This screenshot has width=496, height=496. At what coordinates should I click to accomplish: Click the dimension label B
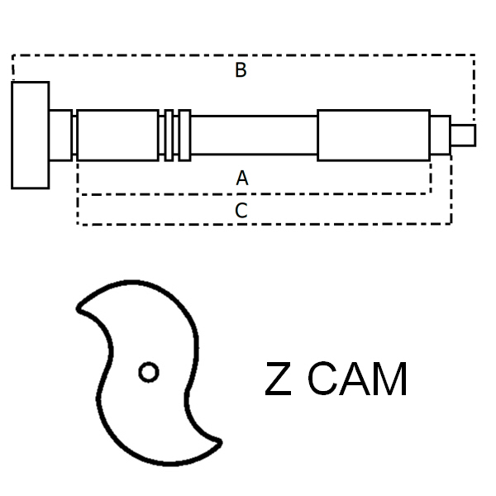coord(241,70)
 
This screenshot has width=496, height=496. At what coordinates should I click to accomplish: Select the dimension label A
coord(242,178)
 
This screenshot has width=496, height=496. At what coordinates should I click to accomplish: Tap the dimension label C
coord(241,210)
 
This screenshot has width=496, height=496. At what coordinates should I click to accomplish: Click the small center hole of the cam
coord(149,372)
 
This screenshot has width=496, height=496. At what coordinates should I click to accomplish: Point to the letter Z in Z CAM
coord(278,379)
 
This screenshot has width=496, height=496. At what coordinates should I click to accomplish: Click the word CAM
coord(357,379)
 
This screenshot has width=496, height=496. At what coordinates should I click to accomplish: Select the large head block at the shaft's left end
coord(31,135)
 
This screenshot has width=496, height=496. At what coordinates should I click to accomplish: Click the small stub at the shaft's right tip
coord(463,136)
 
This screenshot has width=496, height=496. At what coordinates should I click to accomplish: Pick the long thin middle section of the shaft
coord(254,136)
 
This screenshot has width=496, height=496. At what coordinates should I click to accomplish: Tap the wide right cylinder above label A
coord(374,136)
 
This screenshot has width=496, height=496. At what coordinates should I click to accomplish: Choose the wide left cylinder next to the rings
coord(117,136)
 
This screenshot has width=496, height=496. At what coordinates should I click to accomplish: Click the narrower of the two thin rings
coord(169,136)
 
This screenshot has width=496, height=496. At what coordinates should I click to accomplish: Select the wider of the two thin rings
coord(184,136)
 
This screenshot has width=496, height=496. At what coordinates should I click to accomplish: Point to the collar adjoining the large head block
coord(60,136)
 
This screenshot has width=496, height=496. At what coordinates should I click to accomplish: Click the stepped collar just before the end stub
coord(441,136)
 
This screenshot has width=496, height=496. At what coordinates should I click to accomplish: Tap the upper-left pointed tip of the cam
coord(79,308)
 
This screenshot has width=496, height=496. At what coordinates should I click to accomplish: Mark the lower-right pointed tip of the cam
coord(220,442)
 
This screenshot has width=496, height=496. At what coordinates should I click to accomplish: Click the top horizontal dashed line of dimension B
coord(244,55)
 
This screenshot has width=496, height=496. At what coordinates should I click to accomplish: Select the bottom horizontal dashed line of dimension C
coord(265,224)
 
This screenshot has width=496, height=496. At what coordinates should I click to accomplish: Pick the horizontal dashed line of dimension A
coord(254,194)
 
